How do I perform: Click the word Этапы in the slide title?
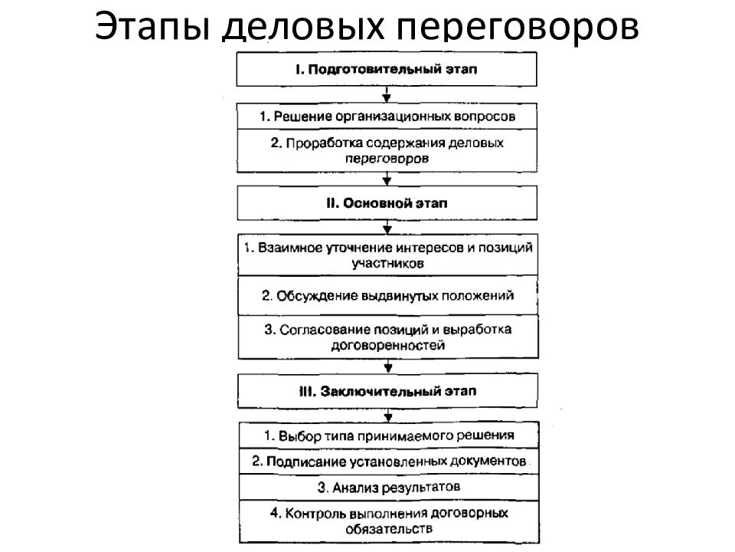pyautogui.click(x=152, y=26)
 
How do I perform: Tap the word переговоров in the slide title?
pyautogui.click(x=518, y=29)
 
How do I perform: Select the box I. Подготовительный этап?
pyautogui.click(x=386, y=69)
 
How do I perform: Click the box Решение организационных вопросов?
pyautogui.click(x=387, y=116)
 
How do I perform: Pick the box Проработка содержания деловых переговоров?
pyautogui.click(x=387, y=151)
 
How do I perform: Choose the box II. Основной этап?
pyautogui.click(x=387, y=202)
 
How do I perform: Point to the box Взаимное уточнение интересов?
pyautogui.click(x=387, y=255)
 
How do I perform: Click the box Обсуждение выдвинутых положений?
pyautogui.click(x=387, y=296)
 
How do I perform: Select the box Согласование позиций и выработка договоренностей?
pyautogui.click(x=388, y=337)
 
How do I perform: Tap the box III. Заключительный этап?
pyautogui.click(x=387, y=391)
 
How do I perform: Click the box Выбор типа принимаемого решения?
pyautogui.click(x=389, y=435)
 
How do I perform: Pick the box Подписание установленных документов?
pyautogui.click(x=389, y=462)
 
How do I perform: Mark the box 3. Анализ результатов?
pyautogui.click(x=389, y=488)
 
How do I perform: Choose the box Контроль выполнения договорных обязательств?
pyautogui.click(x=389, y=522)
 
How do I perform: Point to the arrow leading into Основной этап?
pyautogui.click(x=387, y=179)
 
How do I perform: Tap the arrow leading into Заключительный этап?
pyautogui.click(x=388, y=366)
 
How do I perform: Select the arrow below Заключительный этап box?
pyautogui.click(x=388, y=415)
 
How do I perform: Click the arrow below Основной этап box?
pyautogui.click(x=387, y=227)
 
